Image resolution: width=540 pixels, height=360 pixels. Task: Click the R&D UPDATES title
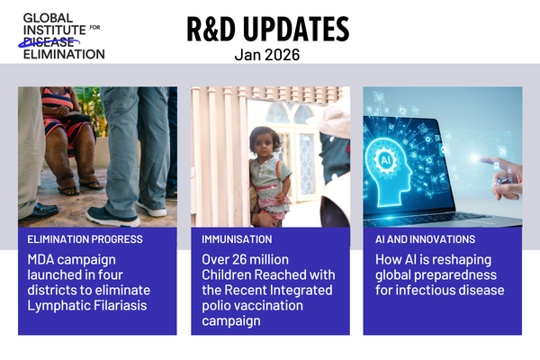[x=267, y=30]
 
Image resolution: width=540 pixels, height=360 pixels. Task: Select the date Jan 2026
[x=267, y=56]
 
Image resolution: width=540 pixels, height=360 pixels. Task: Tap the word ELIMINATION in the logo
[x=63, y=53]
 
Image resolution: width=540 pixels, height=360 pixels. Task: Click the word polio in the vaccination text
[x=218, y=306]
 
